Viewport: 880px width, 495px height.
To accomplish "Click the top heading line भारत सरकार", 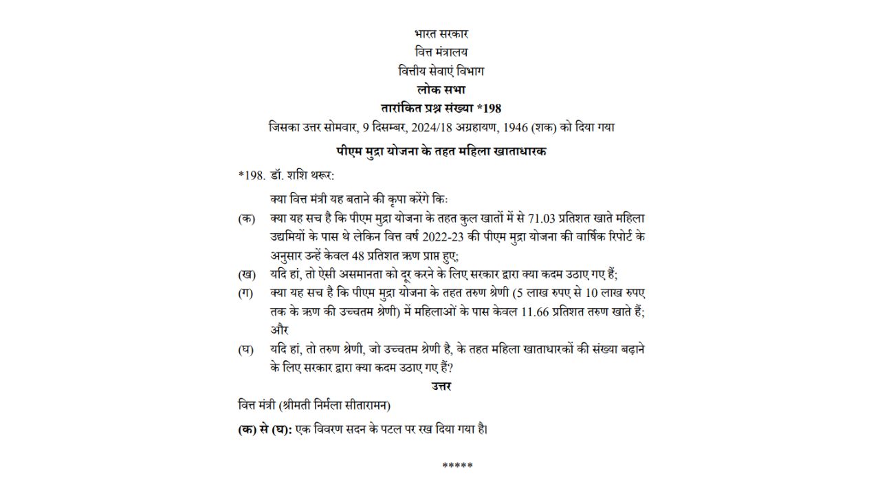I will click(441, 34).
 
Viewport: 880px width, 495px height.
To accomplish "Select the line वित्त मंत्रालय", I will click(441, 52).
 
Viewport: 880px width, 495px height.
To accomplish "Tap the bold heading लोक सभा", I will click(441, 89).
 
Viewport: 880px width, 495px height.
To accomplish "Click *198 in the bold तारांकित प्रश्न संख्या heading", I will click(489, 108).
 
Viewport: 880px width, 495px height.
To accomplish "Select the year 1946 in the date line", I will click(523, 127).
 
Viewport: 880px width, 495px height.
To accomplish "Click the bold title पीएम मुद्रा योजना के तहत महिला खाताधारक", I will click(441, 151).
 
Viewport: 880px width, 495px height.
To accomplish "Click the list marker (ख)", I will click(247, 274).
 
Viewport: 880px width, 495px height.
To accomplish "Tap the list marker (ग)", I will click(246, 293).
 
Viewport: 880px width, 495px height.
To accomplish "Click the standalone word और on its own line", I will click(279, 330).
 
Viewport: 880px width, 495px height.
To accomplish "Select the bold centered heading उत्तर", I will click(441, 386).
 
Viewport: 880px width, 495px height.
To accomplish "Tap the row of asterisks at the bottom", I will click(457, 466).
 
